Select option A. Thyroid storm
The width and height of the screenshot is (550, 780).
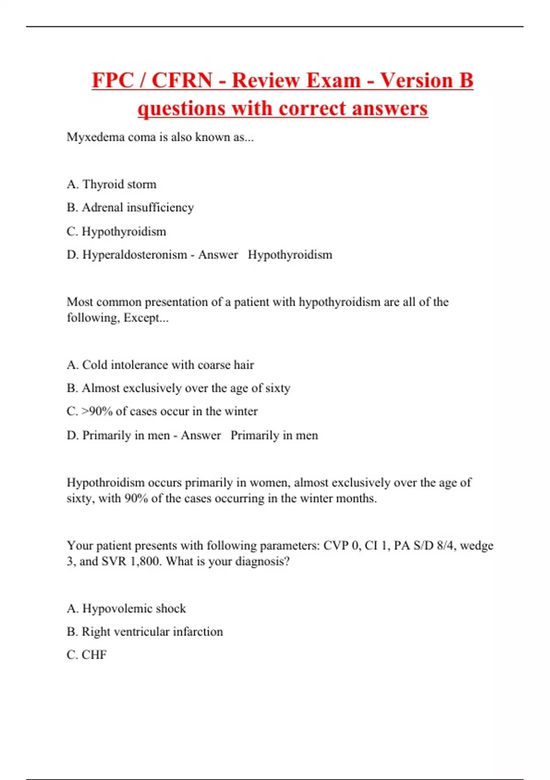pos(111,184)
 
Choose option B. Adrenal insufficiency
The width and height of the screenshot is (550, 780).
pos(130,207)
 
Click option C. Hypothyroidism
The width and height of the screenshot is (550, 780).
pos(116,232)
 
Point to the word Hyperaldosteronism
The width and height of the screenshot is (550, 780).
pos(135,255)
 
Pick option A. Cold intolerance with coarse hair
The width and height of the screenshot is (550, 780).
pos(160,365)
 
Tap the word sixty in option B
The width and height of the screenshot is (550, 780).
pos(277,388)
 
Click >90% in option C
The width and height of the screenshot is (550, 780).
pos(97,411)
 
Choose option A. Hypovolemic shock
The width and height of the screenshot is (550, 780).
pos(126,609)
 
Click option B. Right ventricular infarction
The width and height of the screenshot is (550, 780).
pos(145,632)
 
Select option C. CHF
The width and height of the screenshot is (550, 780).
pos(87,655)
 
